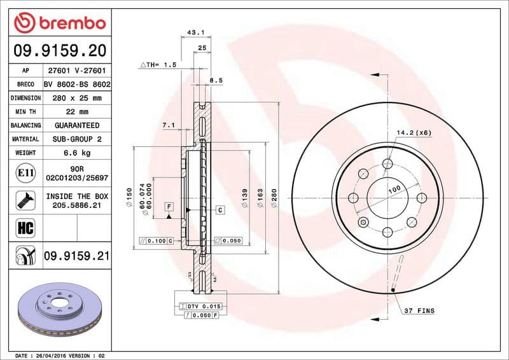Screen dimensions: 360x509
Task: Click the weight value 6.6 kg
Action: pyautogui.click(x=76, y=153)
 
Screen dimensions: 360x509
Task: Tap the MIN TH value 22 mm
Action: pyautogui.click(x=76, y=112)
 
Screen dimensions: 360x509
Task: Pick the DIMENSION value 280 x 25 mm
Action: pyautogui.click(x=76, y=98)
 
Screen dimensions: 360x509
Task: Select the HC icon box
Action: pyautogui.click(x=22, y=226)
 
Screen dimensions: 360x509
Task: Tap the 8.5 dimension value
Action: pyautogui.click(x=216, y=81)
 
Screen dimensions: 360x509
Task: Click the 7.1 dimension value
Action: pyautogui.click(x=169, y=125)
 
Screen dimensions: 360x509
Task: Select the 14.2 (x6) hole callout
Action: pyautogui.click(x=414, y=132)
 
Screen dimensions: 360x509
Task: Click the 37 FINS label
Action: pyautogui.click(x=419, y=310)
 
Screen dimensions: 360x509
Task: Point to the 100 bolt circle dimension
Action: pyautogui.click(x=394, y=190)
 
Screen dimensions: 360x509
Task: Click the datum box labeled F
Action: pyautogui.click(x=169, y=206)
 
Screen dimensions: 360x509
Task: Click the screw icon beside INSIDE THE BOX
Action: pyautogui.click(x=22, y=201)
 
